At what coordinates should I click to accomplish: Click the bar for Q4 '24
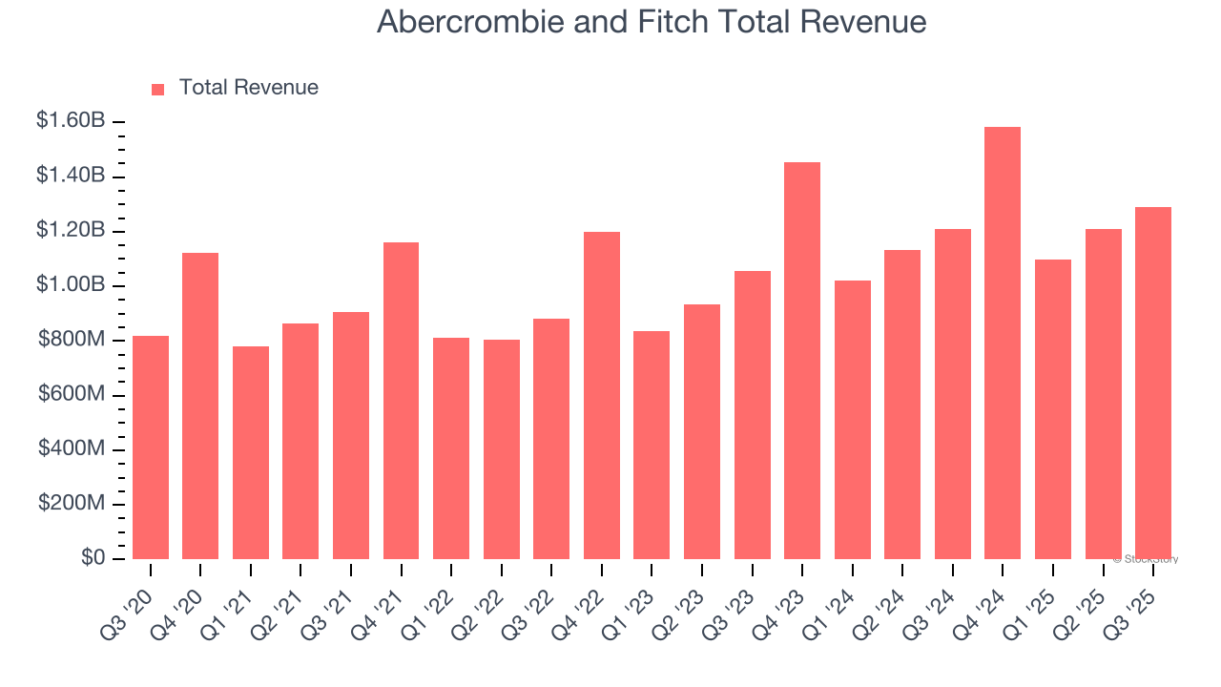[1003, 343]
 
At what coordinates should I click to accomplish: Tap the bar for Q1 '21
[251, 452]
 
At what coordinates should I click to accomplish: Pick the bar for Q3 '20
[151, 448]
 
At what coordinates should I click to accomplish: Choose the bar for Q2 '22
[502, 449]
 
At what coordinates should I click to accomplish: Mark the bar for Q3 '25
[1153, 383]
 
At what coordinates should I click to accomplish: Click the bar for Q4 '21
[401, 401]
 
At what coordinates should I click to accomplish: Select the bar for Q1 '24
[853, 420]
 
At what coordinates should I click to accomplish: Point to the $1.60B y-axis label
[71, 121]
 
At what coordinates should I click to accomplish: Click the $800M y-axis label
[72, 340]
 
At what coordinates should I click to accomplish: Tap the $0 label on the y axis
[92, 557]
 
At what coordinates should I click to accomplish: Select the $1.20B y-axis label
[71, 230]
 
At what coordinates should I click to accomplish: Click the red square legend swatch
[158, 89]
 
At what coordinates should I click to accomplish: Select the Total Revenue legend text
[248, 88]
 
